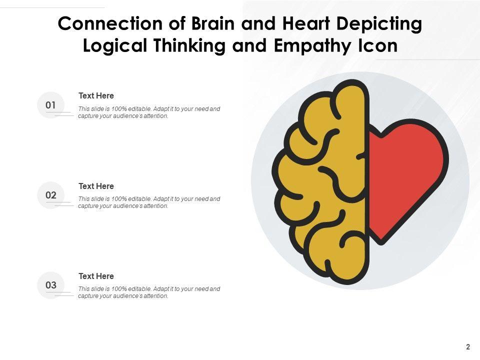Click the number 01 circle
point(51,105)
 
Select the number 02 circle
point(51,195)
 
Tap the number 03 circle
point(51,285)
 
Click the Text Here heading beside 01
point(96,95)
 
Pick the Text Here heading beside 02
point(96,186)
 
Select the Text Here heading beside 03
point(96,276)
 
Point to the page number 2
point(468,346)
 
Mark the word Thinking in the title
point(194,46)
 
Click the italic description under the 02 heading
point(149,202)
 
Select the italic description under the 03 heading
point(149,292)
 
